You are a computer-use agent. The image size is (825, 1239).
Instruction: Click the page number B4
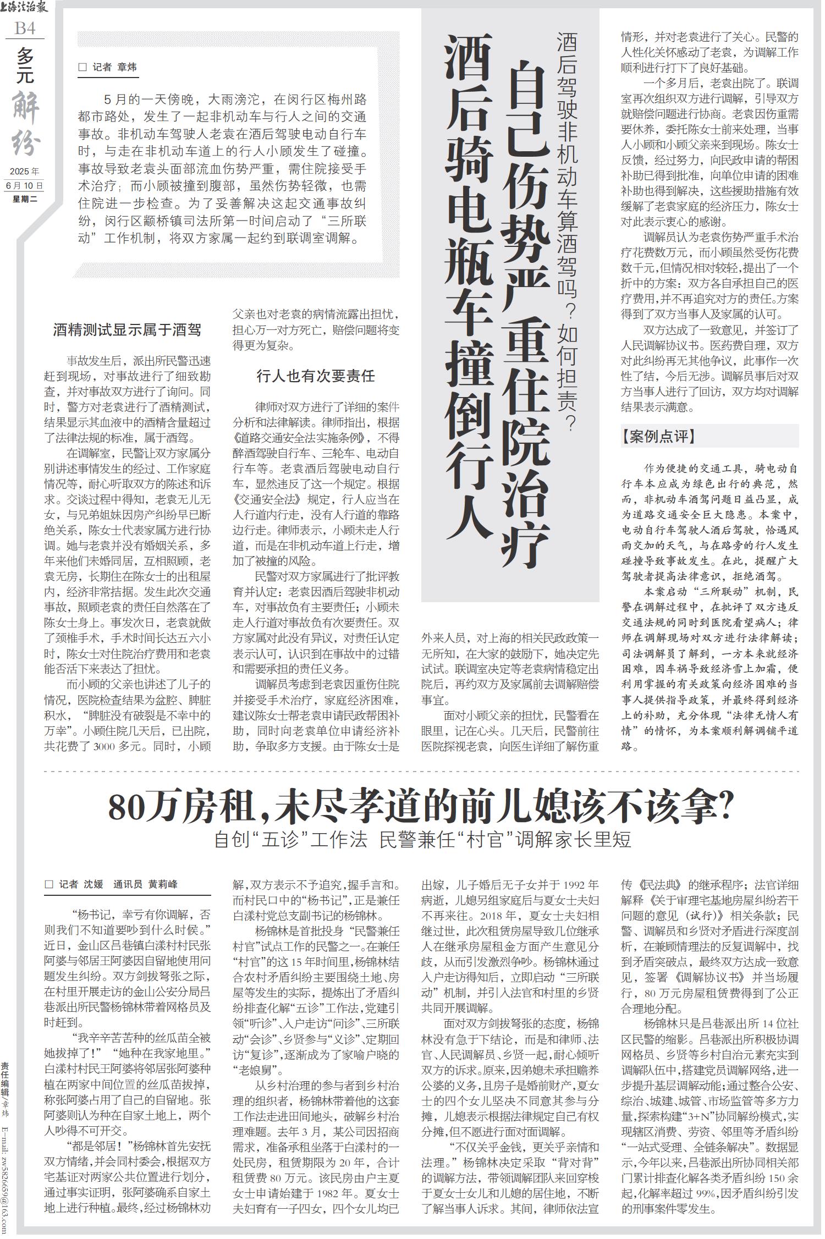coord(25,28)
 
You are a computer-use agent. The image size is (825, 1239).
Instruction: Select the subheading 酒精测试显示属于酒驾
coord(127,330)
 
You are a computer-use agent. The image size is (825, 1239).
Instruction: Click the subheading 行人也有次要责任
coord(316,376)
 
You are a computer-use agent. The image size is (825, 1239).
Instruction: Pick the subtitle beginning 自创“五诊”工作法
coord(422,840)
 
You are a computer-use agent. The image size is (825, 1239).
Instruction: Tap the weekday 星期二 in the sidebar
coord(25,199)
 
